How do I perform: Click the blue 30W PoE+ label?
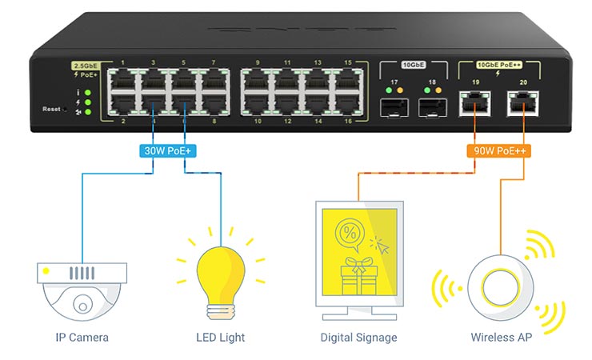click(x=166, y=150)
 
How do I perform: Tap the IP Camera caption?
click(x=82, y=337)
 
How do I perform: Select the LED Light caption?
click(x=220, y=337)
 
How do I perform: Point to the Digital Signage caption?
click(x=358, y=337)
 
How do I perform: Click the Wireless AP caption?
click(x=501, y=337)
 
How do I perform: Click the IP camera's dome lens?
click(x=82, y=304)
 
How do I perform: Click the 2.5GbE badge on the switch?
click(x=85, y=65)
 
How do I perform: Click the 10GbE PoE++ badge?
click(x=498, y=65)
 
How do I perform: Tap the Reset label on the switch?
click(x=52, y=109)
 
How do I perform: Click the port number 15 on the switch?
click(x=348, y=62)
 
